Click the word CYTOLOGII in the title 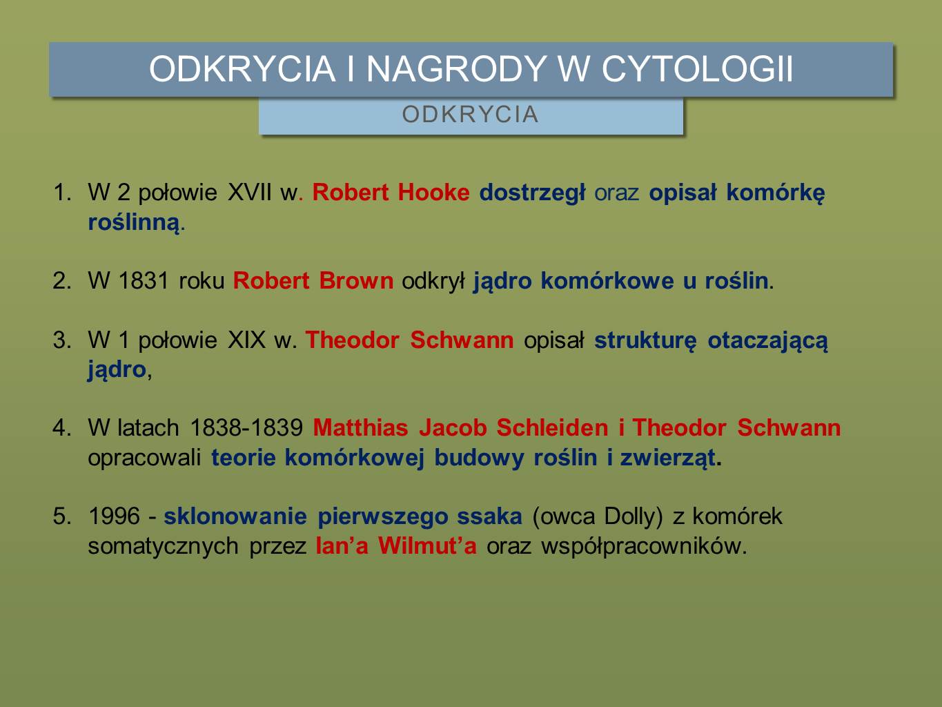tap(698, 68)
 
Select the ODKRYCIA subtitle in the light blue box tap(470, 115)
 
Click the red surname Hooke tap(433, 193)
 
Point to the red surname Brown tap(356, 281)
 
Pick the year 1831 tap(144, 281)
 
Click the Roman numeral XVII tap(250, 193)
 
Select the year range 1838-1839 tap(246, 428)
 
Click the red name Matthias tap(360, 428)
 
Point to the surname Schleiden tap(552, 428)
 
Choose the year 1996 tap(114, 516)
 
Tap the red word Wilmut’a tap(427, 546)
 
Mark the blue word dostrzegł tap(532, 193)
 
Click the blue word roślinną tap(133, 223)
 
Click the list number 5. tap(59, 516)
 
